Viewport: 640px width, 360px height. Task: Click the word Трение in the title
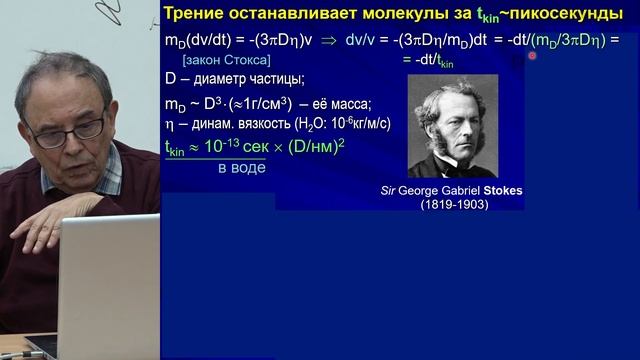point(208,14)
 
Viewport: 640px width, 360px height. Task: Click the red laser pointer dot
point(533,56)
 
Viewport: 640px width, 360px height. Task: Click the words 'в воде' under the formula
point(242,168)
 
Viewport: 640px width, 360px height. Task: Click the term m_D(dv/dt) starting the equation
point(200,42)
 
